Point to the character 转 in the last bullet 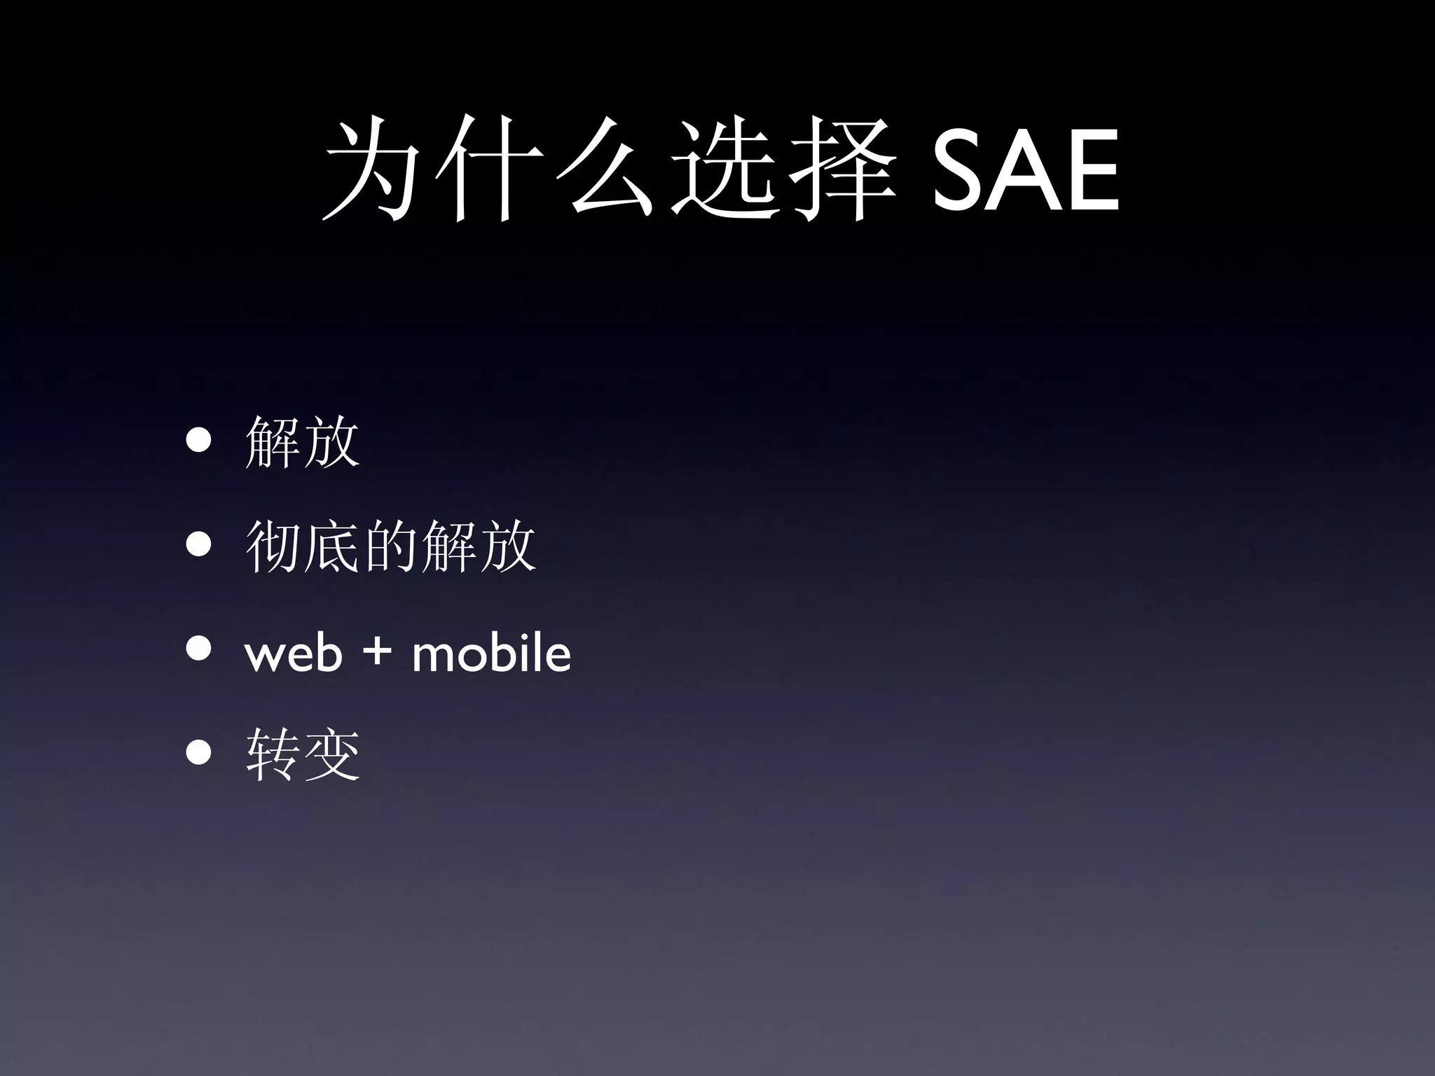pos(273,754)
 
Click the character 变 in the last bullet pos(331,754)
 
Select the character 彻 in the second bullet pos(273,546)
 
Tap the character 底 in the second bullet pos(331,546)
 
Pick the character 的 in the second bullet pos(390,546)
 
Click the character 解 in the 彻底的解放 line pos(448,546)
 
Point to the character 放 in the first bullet pos(331,442)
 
